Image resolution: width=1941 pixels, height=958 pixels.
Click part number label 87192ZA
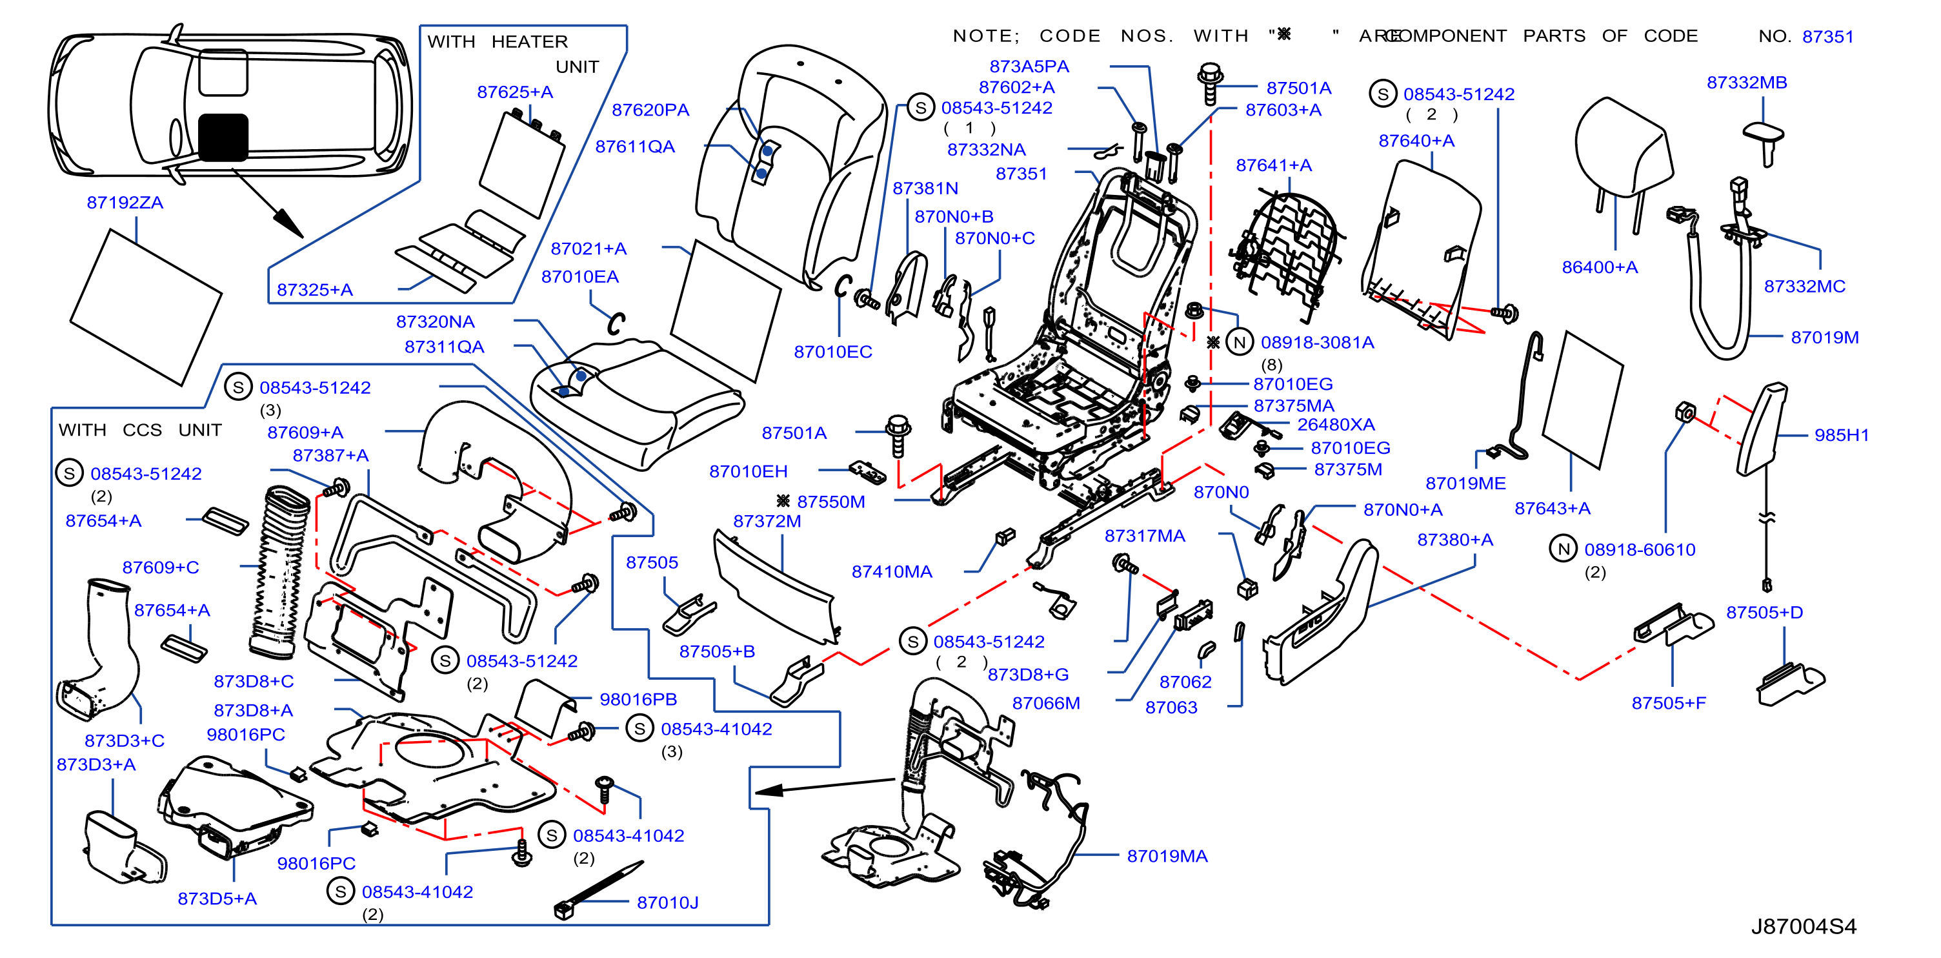[x=125, y=203]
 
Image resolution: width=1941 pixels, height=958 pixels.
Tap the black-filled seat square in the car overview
[x=223, y=138]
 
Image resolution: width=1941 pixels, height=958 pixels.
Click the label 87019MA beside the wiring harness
[x=1167, y=856]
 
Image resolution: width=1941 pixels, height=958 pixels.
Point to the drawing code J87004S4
[x=1803, y=926]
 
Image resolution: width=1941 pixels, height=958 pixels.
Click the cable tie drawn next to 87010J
[x=599, y=891]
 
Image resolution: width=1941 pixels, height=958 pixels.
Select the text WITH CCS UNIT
[x=140, y=431]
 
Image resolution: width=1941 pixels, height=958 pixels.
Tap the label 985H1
[x=1841, y=436]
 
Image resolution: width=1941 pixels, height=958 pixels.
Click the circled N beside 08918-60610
[x=1564, y=549]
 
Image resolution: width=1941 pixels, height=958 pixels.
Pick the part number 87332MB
[x=1747, y=83]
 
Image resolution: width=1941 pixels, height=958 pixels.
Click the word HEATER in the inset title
[x=529, y=42]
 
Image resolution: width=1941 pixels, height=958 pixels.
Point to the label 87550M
[x=830, y=502]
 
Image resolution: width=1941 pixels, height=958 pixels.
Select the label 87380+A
[x=1454, y=540]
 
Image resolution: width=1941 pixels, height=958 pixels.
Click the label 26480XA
[x=1335, y=425]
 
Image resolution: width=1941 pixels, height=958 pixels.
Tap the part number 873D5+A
[x=217, y=899]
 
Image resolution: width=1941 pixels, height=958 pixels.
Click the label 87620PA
[x=650, y=110]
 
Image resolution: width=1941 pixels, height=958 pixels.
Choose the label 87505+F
[x=1668, y=703]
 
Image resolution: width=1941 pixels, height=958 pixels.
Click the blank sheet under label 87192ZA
[x=146, y=307]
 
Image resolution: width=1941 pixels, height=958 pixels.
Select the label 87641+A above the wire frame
[x=1273, y=165]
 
